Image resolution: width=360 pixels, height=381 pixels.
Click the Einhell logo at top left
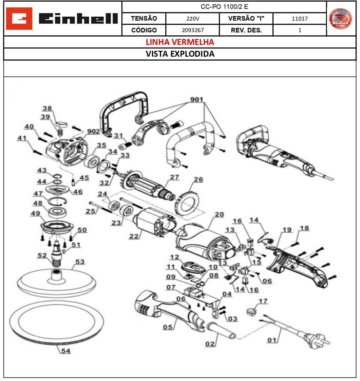click(x=62, y=19)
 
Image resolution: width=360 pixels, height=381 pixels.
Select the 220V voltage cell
click(x=192, y=19)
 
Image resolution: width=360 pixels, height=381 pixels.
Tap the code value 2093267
click(x=192, y=30)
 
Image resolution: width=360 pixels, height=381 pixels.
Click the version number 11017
click(x=299, y=19)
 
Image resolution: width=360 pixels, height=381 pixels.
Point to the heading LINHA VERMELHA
click(x=180, y=42)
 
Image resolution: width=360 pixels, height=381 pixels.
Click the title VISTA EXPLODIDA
click(x=180, y=54)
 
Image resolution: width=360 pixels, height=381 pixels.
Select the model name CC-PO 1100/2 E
click(x=224, y=7)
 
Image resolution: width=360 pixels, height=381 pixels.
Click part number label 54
click(x=66, y=351)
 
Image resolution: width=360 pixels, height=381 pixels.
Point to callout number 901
click(x=197, y=99)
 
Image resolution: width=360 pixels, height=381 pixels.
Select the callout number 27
click(x=174, y=177)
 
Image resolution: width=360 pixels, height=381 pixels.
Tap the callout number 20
click(x=219, y=214)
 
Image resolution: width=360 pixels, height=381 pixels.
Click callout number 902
click(x=93, y=131)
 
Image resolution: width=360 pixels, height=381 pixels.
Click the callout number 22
click(x=134, y=236)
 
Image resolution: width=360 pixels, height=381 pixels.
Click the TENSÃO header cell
click(x=144, y=19)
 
